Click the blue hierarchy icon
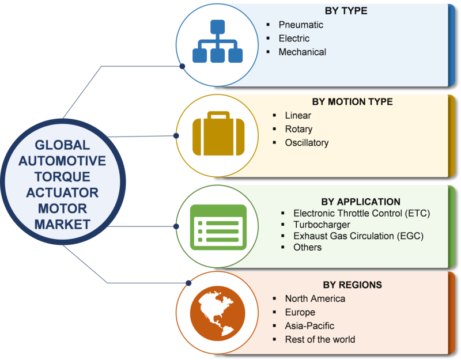[x=218, y=41]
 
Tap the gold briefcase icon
[x=218, y=134]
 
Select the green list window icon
[x=218, y=227]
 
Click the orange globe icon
[x=218, y=313]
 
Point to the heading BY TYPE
[x=346, y=11]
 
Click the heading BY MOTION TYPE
[x=352, y=102]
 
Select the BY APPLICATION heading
[x=361, y=202]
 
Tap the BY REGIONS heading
[x=352, y=285]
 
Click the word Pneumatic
[x=301, y=25]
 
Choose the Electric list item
[x=294, y=38]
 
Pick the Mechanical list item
[x=302, y=52]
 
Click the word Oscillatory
[x=307, y=143]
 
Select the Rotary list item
[x=298, y=129]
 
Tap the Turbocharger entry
[x=322, y=225]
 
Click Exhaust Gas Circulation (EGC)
[x=358, y=236]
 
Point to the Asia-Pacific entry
[x=309, y=325]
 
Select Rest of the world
[x=320, y=339]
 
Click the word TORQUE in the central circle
[x=62, y=177]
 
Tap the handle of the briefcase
[x=218, y=115]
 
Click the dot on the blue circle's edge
[x=182, y=66]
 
